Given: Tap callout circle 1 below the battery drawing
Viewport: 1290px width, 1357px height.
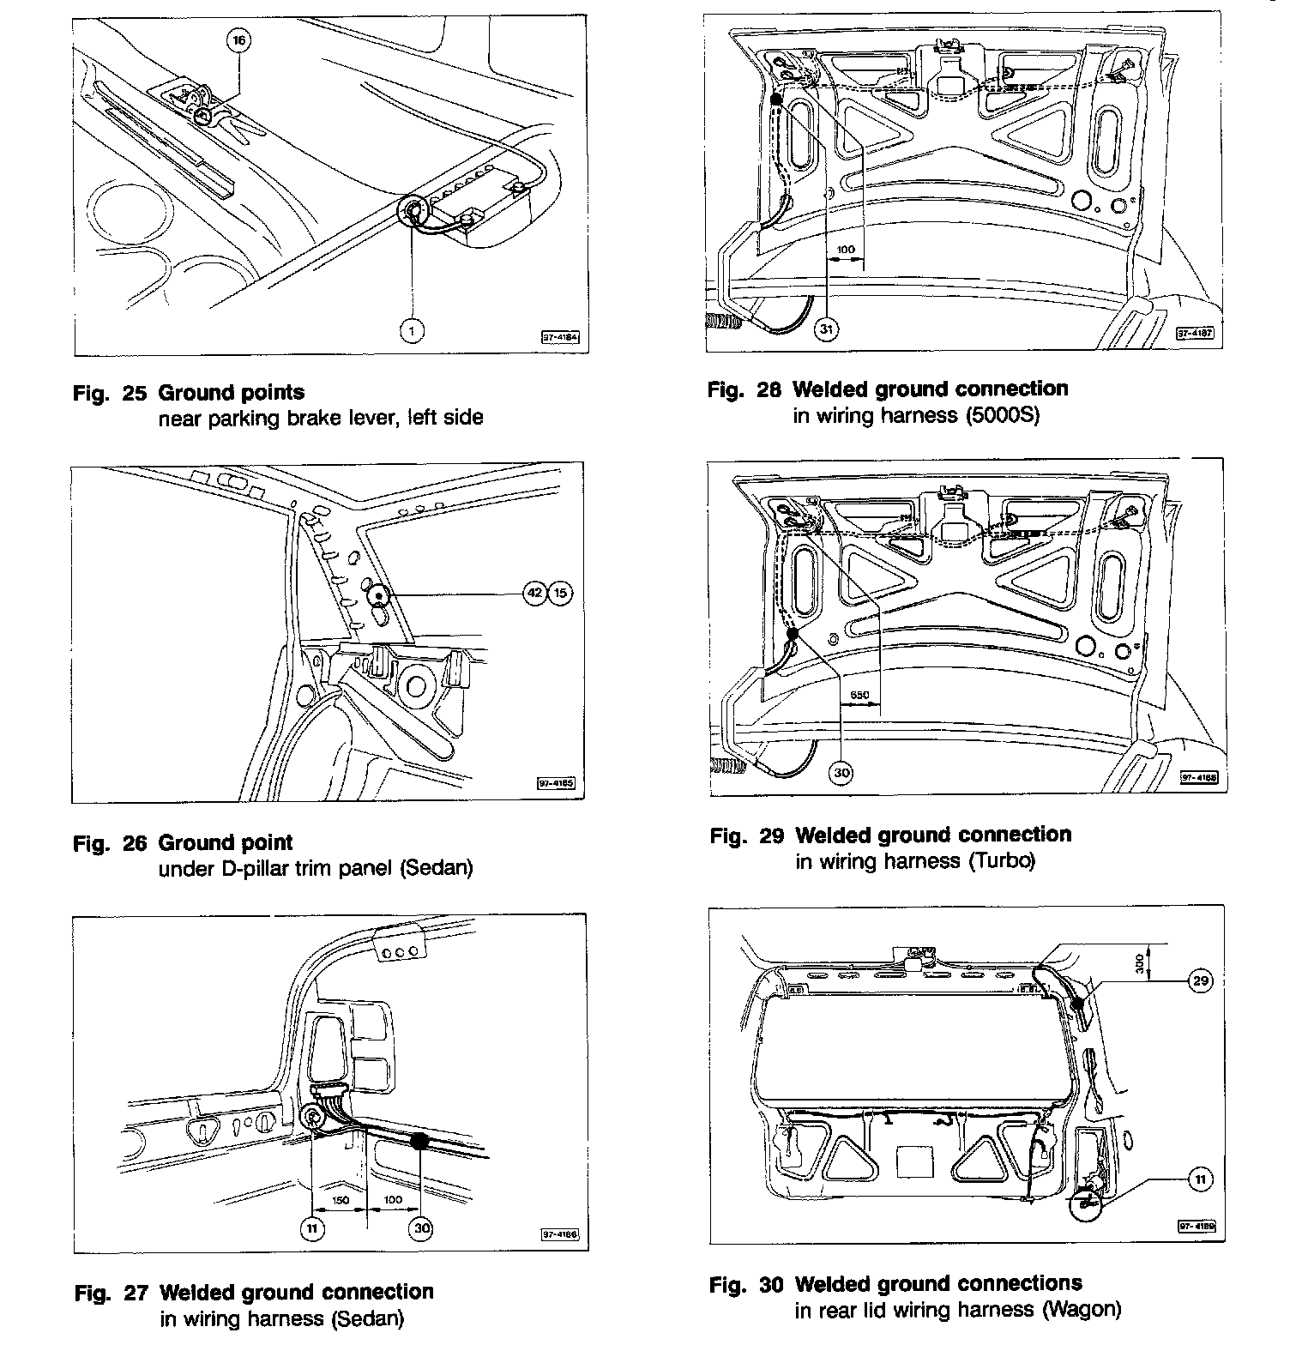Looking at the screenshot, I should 413,330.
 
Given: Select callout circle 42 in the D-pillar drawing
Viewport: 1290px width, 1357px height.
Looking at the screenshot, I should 534,593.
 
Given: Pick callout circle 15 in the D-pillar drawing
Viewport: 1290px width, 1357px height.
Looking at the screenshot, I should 559,593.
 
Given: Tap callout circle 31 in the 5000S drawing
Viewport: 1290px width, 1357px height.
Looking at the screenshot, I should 826,329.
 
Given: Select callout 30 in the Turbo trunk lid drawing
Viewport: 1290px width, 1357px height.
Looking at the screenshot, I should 841,773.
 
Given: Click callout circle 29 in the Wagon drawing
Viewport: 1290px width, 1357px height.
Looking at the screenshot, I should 1201,980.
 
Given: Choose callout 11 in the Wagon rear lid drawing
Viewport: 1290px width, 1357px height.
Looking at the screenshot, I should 1200,1180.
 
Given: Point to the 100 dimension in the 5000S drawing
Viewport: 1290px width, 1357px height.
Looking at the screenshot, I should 846,250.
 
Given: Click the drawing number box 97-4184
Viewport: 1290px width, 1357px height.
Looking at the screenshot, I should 561,338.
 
